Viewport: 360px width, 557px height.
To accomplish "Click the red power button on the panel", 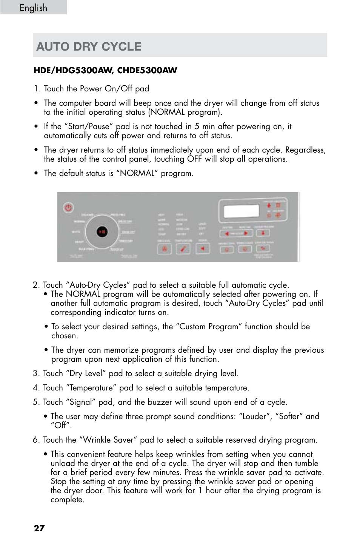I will [68, 207].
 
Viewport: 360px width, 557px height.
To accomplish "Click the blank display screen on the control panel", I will [242, 211].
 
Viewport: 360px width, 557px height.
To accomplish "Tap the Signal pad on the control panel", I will [203, 248].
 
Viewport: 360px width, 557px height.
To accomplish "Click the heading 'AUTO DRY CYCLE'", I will [89, 46].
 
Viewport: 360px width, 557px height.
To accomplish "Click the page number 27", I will [39, 528].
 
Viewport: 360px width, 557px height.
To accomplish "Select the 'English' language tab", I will [33, 8].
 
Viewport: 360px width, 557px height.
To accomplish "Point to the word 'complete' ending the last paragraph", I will [67, 500].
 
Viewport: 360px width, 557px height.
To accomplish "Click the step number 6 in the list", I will [36, 440].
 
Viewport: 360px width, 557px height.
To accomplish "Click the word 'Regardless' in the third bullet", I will [305, 150].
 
